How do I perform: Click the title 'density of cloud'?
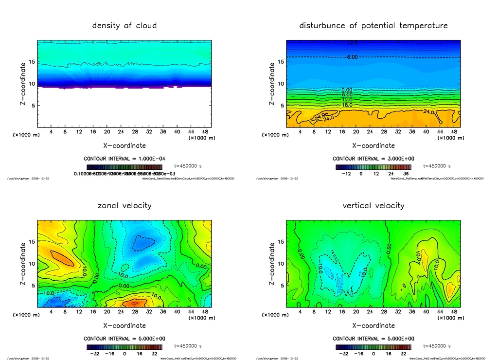(124, 25)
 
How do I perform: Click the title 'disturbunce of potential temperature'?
(373, 25)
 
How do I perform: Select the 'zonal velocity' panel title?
(124, 205)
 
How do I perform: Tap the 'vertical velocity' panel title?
(373, 205)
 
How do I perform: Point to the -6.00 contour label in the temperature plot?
(352, 57)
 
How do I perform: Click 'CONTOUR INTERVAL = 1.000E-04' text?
(124, 159)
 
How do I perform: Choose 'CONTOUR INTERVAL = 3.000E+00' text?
(373, 159)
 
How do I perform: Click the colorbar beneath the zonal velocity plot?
(124, 347)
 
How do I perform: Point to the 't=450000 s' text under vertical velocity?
(437, 346)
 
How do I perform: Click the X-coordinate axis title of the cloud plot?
(124, 145)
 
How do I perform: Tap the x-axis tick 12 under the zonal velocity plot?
(79, 312)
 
